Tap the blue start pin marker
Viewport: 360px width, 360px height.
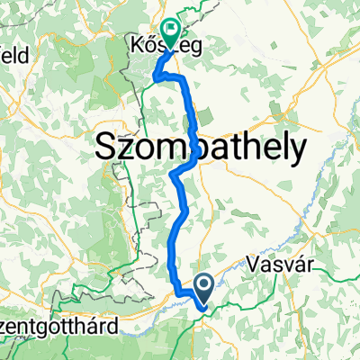(203, 288)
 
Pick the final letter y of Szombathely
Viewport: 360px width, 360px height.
(296, 151)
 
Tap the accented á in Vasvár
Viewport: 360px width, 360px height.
(290, 266)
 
